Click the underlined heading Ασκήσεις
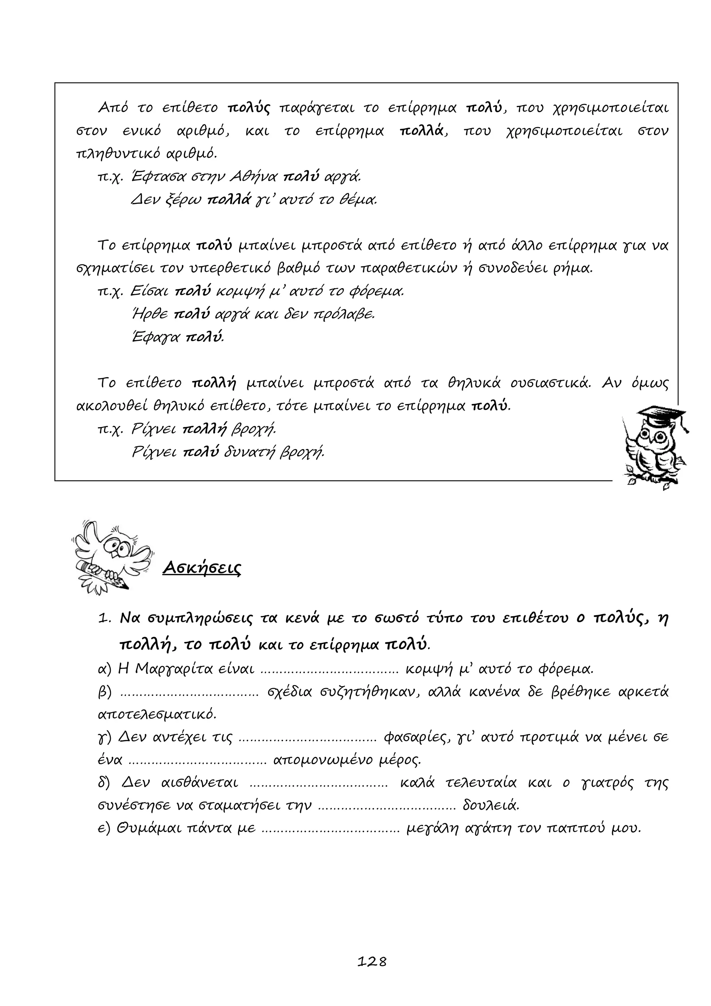coord(201,568)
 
